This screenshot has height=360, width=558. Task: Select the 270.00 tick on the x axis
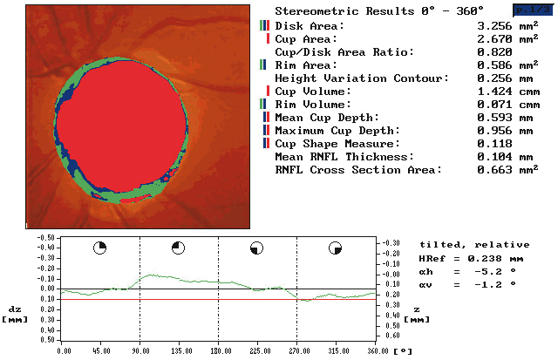[x=296, y=350]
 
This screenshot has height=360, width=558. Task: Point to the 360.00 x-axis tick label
[x=375, y=350]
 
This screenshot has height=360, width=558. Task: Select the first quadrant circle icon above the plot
[x=100, y=248]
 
